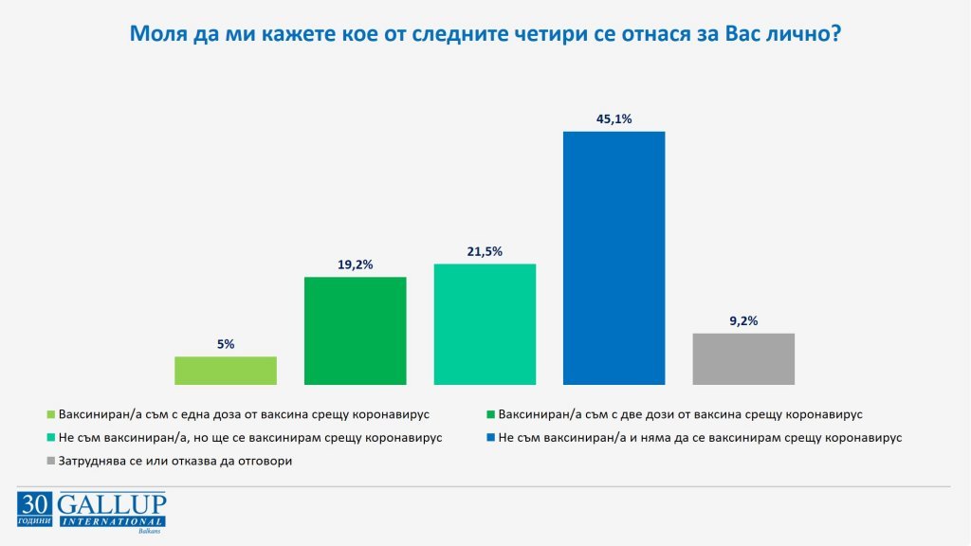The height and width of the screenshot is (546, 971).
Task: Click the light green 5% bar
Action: tap(226, 371)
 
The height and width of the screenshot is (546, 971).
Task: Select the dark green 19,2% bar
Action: tap(355, 331)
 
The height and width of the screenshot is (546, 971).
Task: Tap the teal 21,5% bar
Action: tap(485, 324)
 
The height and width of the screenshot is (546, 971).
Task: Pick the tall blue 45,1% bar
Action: tap(614, 258)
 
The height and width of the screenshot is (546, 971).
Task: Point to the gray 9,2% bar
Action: tap(743, 358)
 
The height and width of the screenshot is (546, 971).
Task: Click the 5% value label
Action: tap(226, 344)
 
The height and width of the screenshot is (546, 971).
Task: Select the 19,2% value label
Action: tap(355, 264)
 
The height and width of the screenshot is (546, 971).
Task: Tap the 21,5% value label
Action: tap(485, 251)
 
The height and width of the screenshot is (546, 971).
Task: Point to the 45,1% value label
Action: tap(614, 118)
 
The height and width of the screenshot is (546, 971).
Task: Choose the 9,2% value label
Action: tap(743, 321)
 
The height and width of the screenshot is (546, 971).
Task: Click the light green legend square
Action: tap(51, 415)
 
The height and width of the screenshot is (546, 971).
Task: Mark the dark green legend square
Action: tap(490, 415)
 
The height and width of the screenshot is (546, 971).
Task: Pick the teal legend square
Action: tap(51, 439)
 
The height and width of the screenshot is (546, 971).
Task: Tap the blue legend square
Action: tap(490, 439)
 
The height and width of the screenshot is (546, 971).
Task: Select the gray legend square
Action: tap(51, 462)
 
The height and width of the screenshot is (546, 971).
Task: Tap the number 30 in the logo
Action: tap(34, 503)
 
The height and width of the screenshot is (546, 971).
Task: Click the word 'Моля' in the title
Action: tap(157, 35)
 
